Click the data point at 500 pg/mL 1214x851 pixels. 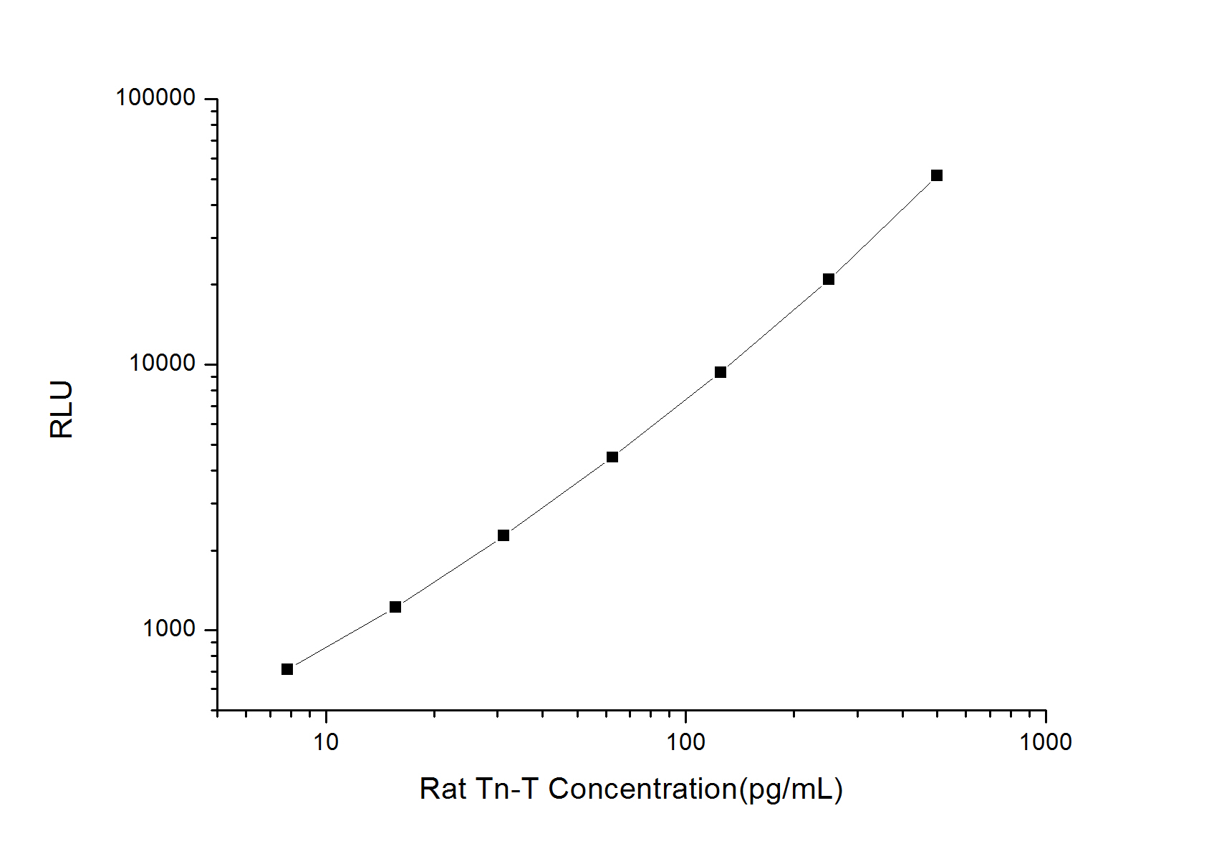[936, 175]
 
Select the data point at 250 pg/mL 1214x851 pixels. [829, 279]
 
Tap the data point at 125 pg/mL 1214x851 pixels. [721, 372]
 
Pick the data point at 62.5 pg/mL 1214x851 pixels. [612, 457]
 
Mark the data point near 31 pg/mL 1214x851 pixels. [504, 535]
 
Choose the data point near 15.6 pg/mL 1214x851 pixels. [395, 607]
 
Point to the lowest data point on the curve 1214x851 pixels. [287, 669]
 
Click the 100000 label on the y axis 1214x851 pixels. [155, 98]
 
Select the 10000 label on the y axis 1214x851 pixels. [163, 364]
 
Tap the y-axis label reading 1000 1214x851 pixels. [169, 629]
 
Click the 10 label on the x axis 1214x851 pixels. [326, 741]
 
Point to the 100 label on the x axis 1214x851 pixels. [685, 741]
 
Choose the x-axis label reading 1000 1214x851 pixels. [1046, 741]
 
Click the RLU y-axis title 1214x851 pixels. [62, 409]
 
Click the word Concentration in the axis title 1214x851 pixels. [642, 789]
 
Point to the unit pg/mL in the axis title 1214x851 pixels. [791, 789]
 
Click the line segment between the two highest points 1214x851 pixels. [882, 228]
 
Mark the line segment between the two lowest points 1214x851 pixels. [341, 638]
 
